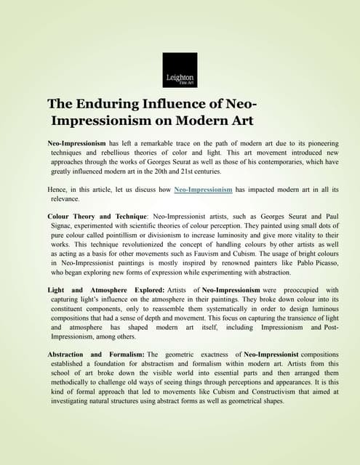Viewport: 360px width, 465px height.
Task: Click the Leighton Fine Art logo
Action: pyautogui.click(x=180, y=70)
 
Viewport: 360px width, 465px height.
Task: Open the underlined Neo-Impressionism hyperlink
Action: pyautogui.click(x=203, y=190)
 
